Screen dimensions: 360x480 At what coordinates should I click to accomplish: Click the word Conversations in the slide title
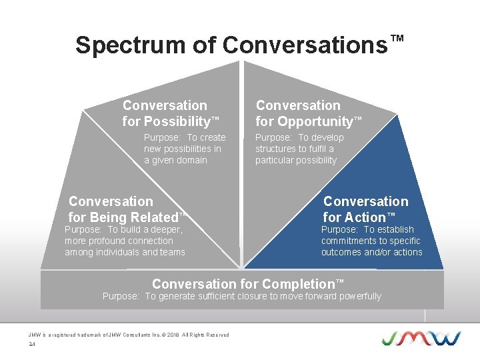point(305,45)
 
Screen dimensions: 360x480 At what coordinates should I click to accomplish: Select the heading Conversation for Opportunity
point(307,113)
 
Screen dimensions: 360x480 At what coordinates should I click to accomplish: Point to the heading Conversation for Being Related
point(125,209)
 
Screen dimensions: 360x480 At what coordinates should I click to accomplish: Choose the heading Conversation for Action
point(365,209)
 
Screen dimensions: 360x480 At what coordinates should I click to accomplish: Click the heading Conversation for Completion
point(247,284)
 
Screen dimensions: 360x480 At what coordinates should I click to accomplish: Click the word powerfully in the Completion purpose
point(358,296)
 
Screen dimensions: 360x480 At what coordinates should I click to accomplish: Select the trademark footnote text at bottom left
point(129,335)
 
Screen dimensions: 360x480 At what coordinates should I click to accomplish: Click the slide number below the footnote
point(31,345)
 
